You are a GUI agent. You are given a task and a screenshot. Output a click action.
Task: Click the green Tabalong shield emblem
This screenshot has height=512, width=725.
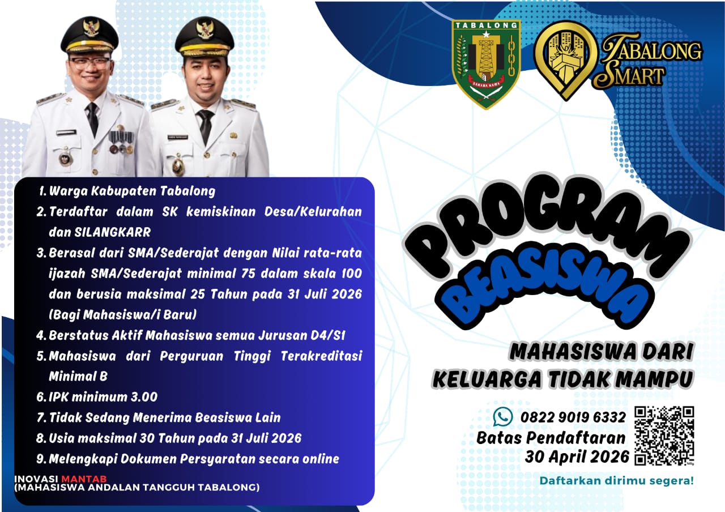tap(486, 65)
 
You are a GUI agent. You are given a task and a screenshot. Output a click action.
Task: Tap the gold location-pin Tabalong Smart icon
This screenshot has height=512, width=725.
tap(565, 60)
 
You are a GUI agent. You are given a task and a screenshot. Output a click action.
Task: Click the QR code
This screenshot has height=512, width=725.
tap(664, 436)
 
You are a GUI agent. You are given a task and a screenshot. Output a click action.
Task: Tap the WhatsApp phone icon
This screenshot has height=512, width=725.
tap(502, 416)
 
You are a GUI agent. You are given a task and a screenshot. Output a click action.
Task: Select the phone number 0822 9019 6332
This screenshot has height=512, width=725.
tap(573, 417)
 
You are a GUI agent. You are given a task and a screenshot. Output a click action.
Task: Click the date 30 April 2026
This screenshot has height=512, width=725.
tap(577, 457)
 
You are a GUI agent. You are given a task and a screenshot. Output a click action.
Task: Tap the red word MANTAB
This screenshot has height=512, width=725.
tap(84, 479)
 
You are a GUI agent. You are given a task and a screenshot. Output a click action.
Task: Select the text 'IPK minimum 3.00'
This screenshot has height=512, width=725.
tap(103, 397)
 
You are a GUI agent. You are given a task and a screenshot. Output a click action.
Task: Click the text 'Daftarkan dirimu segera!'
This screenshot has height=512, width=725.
tap(617, 481)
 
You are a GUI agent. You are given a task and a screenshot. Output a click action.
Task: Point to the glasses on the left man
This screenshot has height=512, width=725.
tap(89, 63)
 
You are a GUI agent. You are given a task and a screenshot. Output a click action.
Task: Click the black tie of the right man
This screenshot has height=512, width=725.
tap(205, 126)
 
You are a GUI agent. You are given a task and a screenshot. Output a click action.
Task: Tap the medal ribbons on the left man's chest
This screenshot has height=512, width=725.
tap(121, 138)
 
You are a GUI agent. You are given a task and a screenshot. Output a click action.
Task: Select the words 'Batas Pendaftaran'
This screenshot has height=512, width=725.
tap(551, 438)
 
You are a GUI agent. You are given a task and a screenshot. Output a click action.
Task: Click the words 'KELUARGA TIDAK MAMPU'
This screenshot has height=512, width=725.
tap(562, 379)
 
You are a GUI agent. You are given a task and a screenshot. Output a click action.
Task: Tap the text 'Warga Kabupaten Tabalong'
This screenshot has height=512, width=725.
tap(132, 191)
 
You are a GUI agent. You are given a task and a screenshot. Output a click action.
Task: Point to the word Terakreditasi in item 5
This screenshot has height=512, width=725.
tap(321, 356)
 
